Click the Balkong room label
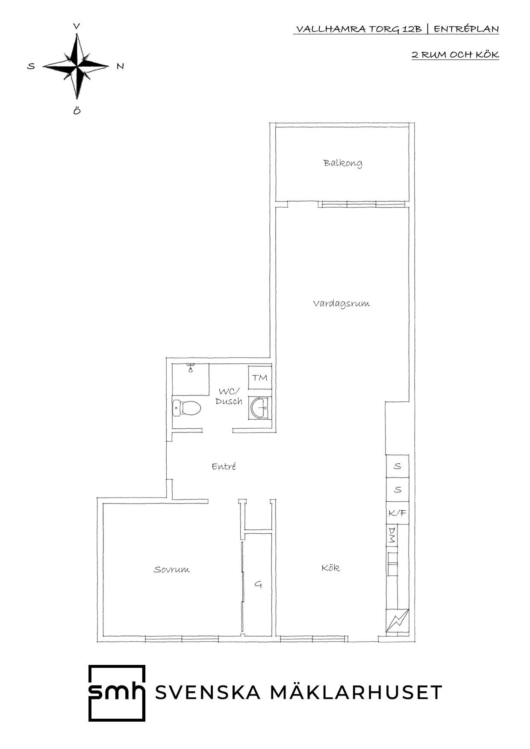pos(343,163)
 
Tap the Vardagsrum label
pos(341,304)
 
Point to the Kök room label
pos(330,568)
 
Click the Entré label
pos(224,466)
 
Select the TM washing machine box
pos(260,377)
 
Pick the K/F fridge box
pos(397,513)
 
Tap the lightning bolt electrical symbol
pos(397,620)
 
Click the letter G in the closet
pos(258,584)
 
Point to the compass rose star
pos(77,67)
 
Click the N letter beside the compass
pos(120,66)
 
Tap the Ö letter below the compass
pos(77,111)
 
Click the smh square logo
pos(117,693)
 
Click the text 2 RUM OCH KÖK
pos(455,55)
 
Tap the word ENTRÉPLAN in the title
pos(466,29)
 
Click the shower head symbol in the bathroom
pos(191,368)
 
